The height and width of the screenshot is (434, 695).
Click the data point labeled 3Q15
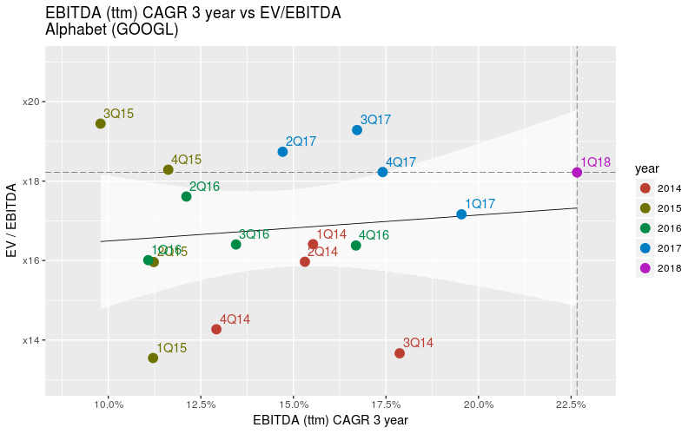101,123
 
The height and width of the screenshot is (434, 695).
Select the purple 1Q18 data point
577,172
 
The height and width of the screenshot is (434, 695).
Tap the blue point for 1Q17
461,214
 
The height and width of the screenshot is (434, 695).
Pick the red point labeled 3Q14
400,353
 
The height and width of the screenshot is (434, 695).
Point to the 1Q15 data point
153,358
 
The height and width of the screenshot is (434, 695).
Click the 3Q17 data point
357,130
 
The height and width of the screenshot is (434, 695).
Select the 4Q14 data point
216,329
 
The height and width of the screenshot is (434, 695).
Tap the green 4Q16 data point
356,246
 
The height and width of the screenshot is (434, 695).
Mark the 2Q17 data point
282,152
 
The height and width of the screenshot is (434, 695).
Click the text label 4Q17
401,162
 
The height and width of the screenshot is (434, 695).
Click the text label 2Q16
204,187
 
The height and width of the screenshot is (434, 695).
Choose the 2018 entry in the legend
645,268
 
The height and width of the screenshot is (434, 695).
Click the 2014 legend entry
645,188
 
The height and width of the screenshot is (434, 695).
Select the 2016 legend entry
645,228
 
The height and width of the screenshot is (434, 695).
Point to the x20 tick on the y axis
31,102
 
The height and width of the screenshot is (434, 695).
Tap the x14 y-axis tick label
31,339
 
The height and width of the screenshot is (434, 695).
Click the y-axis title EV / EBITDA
12,221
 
